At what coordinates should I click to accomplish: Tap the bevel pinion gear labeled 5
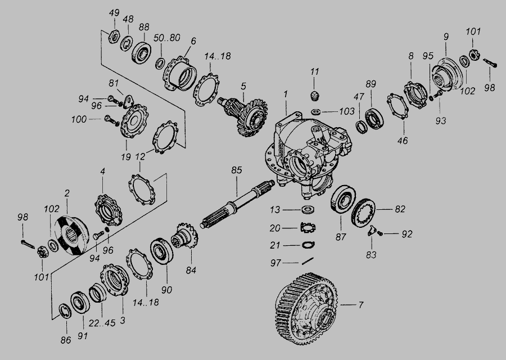click(245, 116)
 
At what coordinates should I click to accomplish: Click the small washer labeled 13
click(308, 210)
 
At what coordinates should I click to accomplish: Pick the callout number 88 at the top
click(144, 27)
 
